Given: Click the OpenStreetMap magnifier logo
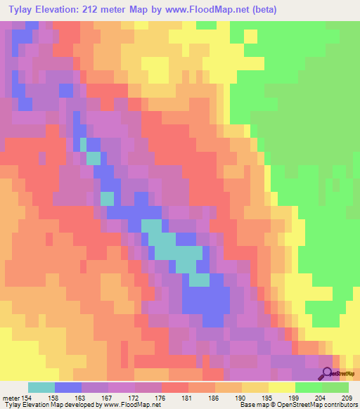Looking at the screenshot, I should click(x=328, y=373).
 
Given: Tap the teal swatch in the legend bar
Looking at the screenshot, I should click(x=41, y=387).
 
